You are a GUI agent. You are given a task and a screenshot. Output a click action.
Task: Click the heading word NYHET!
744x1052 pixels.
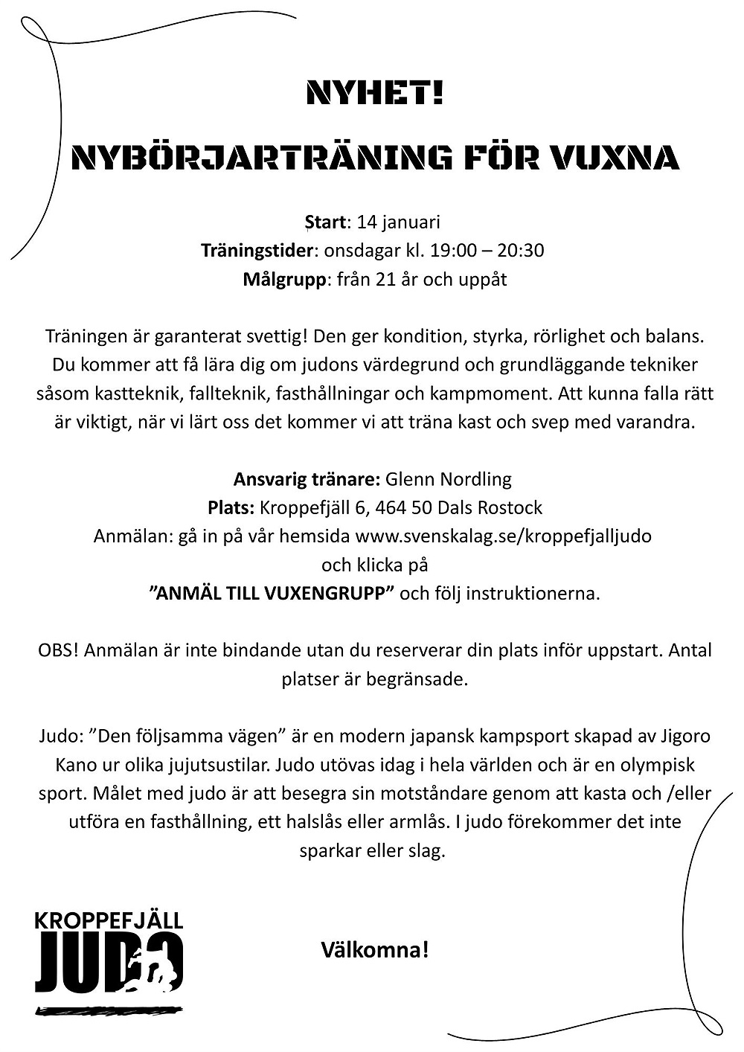pyautogui.click(x=375, y=95)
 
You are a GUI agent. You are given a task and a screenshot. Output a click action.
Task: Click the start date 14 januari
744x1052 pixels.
pyautogui.click(x=399, y=222)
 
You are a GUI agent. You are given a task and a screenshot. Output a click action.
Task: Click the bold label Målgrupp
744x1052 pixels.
pyautogui.click(x=284, y=280)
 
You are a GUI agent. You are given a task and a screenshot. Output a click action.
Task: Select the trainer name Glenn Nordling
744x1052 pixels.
pyautogui.click(x=449, y=478)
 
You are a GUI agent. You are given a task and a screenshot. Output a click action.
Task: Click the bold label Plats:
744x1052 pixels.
pyautogui.click(x=231, y=507)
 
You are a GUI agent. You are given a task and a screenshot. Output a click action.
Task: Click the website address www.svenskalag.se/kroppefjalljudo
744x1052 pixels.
pyautogui.click(x=504, y=536)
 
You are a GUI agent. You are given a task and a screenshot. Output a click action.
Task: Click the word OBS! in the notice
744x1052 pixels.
pyautogui.click(x=58, y=650)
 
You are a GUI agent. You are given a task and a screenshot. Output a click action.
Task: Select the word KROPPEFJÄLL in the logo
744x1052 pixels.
pyautogui.click(x=109, y=920)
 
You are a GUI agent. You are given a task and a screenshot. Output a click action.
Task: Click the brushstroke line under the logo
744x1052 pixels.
pyautogui.click(x=109, y=1010)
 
